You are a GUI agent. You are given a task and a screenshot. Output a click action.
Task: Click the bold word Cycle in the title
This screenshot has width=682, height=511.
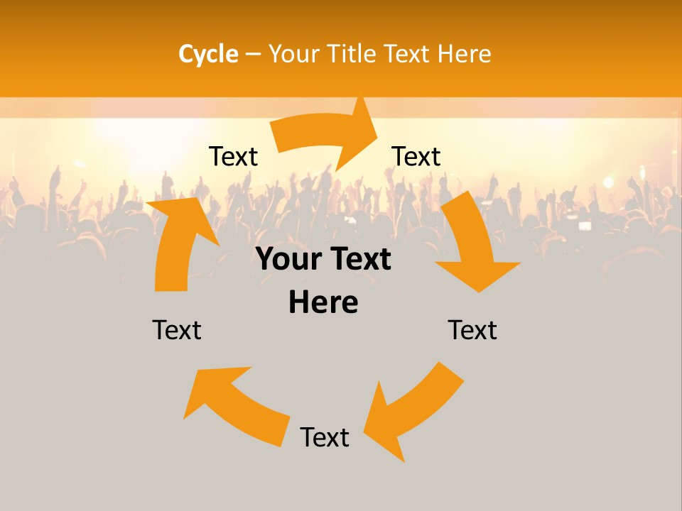coord(208,54)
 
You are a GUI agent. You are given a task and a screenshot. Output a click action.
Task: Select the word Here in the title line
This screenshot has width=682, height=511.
coord(465,54)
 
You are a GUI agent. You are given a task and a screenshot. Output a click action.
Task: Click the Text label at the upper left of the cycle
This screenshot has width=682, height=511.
coord(233,156)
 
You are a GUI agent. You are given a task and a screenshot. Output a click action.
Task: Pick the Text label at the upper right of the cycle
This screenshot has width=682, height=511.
coord(416,156)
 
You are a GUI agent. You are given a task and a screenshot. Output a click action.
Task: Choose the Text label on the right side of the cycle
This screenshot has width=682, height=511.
coord(472,330)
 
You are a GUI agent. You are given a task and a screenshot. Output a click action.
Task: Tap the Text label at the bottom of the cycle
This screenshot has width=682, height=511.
coord(325,437)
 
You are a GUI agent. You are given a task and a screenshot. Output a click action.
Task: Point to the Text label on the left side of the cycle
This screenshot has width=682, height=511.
coord(177,330)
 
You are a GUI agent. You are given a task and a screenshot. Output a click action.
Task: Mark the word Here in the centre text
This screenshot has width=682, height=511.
coord(323,302)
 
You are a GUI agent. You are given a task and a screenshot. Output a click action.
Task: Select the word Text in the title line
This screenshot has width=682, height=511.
coord(407,54)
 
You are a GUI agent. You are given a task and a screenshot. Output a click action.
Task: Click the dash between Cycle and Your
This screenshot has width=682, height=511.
coord(254,54)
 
